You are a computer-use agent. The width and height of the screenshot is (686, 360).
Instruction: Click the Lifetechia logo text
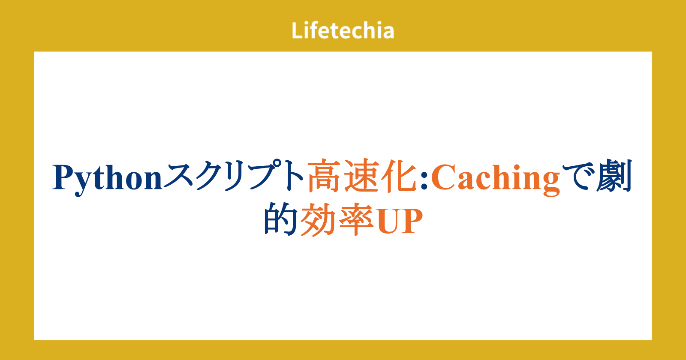343,30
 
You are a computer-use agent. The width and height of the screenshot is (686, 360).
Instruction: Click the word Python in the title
107,179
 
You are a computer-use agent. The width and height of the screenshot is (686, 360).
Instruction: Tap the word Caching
496,179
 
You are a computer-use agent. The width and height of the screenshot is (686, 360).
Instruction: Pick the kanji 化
399,176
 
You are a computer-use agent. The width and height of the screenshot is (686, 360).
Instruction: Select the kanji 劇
614,176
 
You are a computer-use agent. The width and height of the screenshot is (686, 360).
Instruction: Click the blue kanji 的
281,219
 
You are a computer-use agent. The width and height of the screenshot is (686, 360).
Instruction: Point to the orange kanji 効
318,219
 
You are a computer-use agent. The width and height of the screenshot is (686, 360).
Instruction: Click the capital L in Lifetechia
298,30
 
